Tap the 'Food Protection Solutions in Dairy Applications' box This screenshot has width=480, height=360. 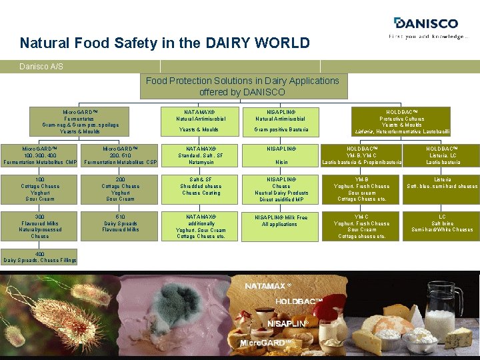(x=242, y=86)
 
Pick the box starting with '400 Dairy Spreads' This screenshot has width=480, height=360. (x=39, y=257)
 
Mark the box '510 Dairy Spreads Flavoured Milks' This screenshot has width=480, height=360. (x=121, y=223)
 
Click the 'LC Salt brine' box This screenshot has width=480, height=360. (x=443, y=223)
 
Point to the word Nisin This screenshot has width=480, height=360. (x=281, y=161)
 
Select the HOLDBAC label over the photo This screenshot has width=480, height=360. (x=299, y=302)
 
